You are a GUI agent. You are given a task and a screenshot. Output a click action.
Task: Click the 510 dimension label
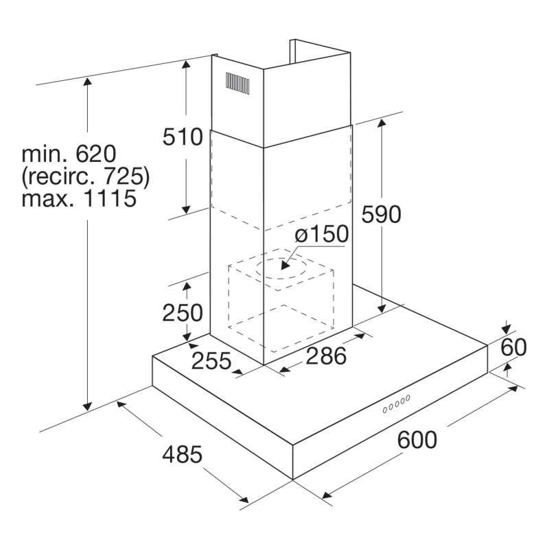[183, 137]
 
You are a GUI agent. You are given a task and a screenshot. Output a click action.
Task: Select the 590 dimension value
[382, 214]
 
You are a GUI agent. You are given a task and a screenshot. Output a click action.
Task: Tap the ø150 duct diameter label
[322, 233]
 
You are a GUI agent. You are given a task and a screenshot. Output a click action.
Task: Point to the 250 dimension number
[183, 313]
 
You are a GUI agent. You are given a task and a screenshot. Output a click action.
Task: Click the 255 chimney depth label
[211, 361]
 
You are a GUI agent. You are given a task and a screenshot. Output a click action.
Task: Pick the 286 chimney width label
[326, 356]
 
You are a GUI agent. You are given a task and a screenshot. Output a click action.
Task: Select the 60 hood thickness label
[513, 347]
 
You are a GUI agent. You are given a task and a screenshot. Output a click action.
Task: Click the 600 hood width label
[417, 440]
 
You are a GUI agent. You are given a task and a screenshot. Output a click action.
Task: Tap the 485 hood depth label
[183, 454]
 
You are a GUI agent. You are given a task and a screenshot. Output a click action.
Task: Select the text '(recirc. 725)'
[86, 176]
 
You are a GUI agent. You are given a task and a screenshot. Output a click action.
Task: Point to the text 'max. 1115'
[79, 198]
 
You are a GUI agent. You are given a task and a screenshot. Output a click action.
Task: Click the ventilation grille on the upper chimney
[237, 83]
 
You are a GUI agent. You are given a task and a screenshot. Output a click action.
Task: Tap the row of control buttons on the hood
[397, 404]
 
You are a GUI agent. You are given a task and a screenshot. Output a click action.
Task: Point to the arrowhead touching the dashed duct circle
[285, 265]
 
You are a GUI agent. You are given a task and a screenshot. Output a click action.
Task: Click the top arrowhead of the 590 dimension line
[382, 123]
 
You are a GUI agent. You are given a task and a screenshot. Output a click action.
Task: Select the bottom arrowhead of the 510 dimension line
[186, 209]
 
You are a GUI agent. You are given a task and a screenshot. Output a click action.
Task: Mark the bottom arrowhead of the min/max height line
[87, 406]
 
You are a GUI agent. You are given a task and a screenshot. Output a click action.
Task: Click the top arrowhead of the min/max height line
[87, 82]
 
